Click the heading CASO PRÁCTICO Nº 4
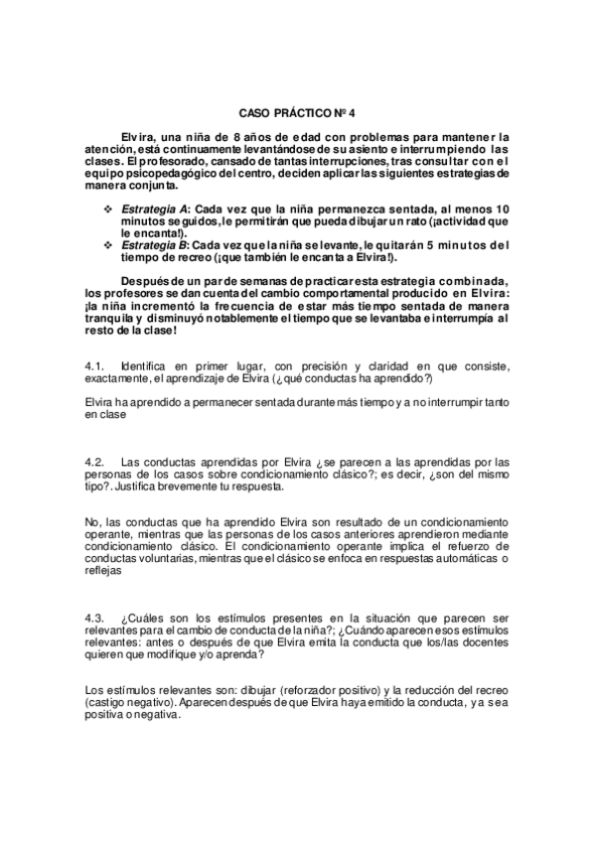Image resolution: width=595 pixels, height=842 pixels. pos(297,114)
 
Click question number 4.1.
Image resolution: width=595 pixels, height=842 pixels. pos(93,366)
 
